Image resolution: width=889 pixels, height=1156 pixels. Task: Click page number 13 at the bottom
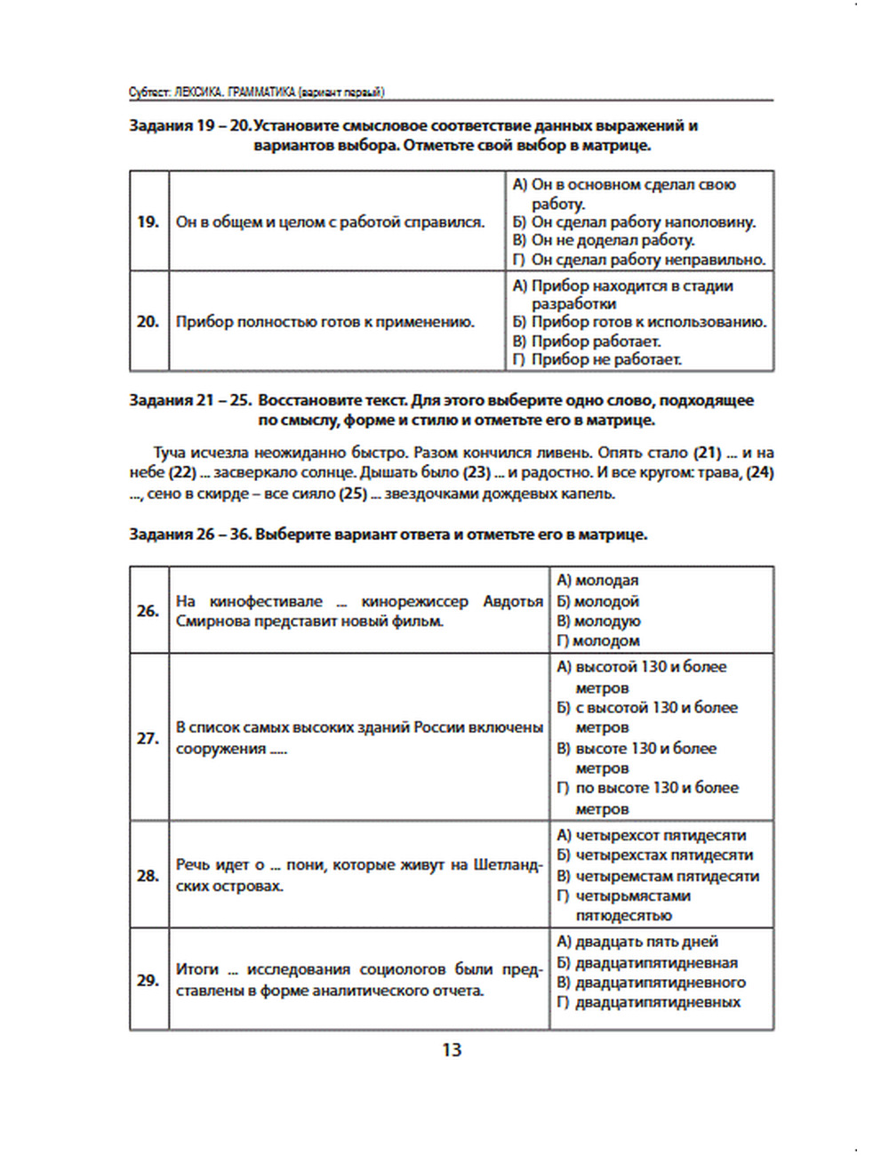(x=452, y=1050)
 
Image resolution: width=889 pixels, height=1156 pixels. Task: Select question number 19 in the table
(x=148, y=221)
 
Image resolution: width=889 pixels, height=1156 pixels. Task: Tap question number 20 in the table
(x=148, y=321)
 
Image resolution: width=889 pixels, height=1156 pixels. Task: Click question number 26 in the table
(x=148, y=611)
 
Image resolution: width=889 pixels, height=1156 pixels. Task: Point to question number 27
(x=148, y=738)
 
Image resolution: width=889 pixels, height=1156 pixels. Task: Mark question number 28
(x=148, y=876)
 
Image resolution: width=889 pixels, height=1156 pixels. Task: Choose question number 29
(x=148, y=980)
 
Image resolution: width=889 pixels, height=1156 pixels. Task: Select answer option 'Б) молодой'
(x=598, y=601)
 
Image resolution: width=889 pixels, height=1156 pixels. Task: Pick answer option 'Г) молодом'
(x=598, y=641)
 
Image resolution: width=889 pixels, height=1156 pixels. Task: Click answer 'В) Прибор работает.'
(x=587, y=341)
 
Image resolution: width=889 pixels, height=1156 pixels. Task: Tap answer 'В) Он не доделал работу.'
(x=604, y=240)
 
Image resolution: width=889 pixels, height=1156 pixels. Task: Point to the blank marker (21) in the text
(x=707, y=453)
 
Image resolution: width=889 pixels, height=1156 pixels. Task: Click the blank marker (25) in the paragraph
(x=353, y=494)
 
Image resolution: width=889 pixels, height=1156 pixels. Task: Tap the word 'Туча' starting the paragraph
(x=171, y=453)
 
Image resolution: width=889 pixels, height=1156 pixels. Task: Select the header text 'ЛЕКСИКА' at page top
(x=199, y=92)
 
